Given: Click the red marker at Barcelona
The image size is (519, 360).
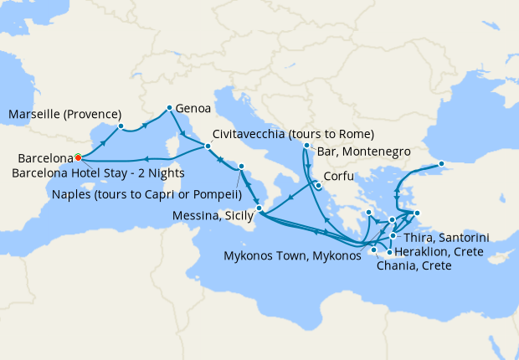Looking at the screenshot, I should (77, 157).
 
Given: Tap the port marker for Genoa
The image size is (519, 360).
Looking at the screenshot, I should (169, 107).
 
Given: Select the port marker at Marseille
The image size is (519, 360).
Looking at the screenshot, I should (121, 126).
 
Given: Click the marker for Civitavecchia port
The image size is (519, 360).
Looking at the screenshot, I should (208, 147).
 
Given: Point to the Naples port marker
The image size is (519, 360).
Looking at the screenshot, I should (240, 167).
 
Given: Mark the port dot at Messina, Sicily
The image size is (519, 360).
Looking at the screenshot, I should (259, 208).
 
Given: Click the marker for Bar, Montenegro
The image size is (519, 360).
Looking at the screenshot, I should (306, 146).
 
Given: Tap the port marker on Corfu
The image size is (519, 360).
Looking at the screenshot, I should (318, 185).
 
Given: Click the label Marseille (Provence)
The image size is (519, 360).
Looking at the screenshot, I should (65, 114).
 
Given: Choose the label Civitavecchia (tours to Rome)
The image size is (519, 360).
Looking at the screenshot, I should (293, 135).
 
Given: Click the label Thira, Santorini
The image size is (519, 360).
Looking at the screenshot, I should (458, 238).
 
